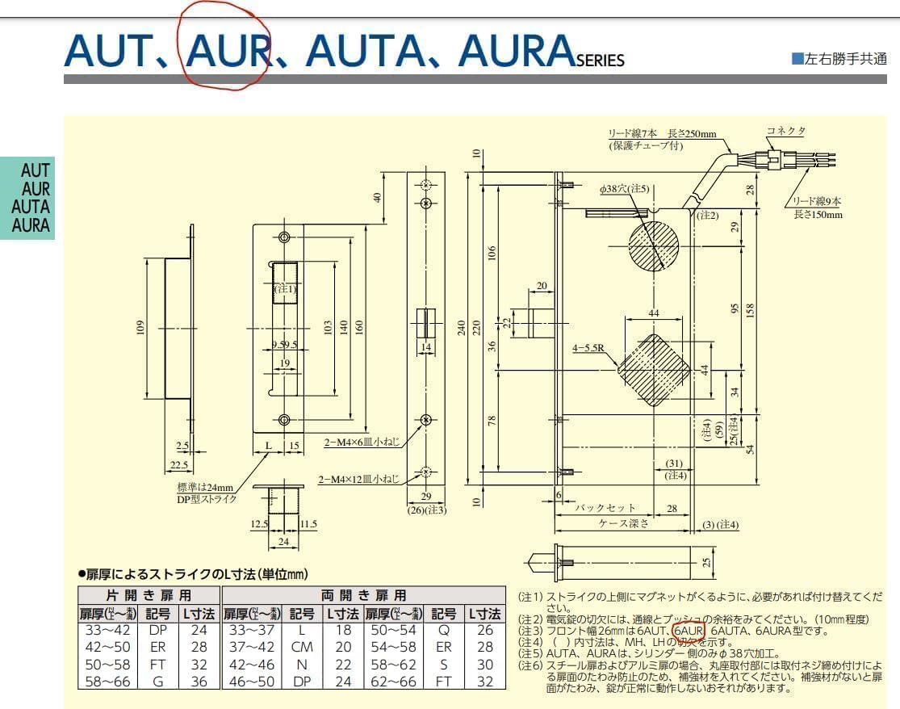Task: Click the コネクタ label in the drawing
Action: click(x=785, y=131)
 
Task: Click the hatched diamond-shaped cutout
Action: click(x=655, y=369)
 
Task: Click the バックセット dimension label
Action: click(x=605, y=508)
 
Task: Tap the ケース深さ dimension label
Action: click(x=624, y=523)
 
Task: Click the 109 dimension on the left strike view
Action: click(x=140, y=327)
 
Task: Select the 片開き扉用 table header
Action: click(x=149, y=596)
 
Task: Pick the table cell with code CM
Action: click(x=301, y=647)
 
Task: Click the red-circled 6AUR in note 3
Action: click(x=689, y=631)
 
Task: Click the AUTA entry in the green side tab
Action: click(x=31, y=206)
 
